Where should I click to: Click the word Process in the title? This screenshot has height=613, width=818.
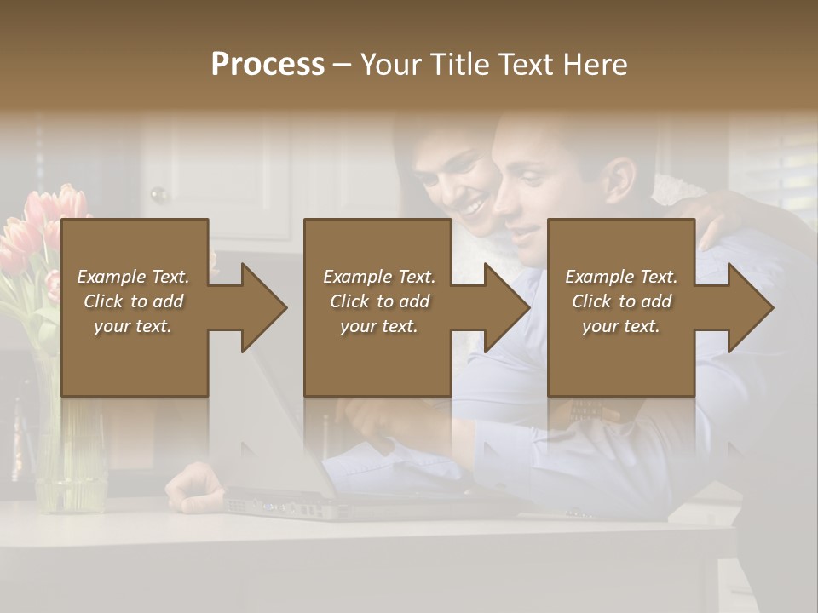tap(268, 64)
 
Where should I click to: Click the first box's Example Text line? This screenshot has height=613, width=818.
tap(133, 277)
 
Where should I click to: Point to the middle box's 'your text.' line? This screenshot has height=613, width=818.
tap(378, 326)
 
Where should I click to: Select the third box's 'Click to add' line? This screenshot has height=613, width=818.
tap(621, 301)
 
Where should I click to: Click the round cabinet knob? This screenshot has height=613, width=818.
tap(158, 195)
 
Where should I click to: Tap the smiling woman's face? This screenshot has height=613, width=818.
tap(460, 183)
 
